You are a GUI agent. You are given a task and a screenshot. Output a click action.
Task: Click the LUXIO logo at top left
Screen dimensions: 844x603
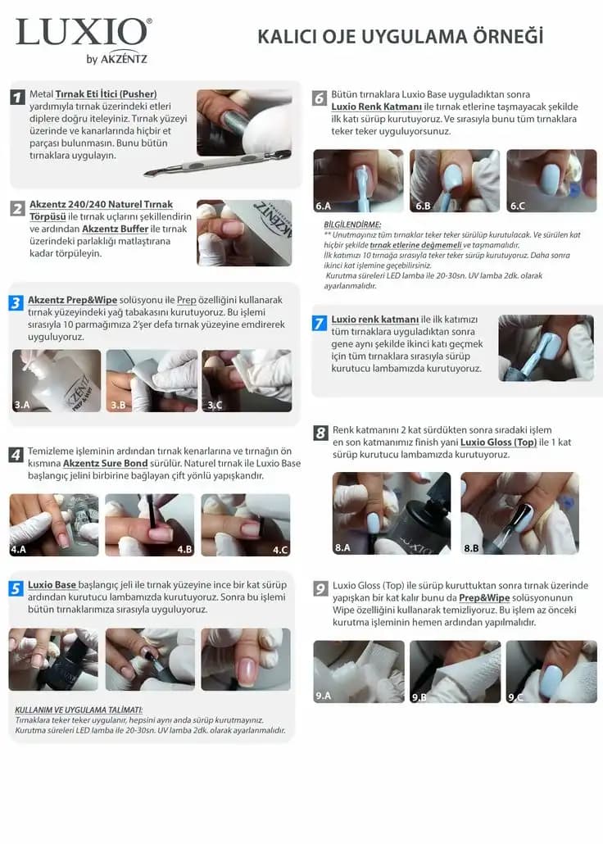click(83, 33)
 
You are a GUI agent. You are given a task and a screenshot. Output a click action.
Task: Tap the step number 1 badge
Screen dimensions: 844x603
click(17, 98)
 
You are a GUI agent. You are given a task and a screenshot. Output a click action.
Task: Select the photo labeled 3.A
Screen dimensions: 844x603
click(57, 380)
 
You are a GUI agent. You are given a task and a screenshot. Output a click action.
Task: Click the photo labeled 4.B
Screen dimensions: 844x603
click(149, 524)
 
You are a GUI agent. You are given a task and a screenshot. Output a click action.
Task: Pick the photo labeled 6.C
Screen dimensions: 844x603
click(551, 180)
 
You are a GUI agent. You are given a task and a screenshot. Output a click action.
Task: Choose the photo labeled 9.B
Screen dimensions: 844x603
click(455, 671)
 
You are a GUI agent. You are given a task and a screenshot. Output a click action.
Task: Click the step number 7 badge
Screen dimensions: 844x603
click(320, 323)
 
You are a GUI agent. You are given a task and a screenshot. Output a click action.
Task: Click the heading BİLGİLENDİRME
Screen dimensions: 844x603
click(352, 224)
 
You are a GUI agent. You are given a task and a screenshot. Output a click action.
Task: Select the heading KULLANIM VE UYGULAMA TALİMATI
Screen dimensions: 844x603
click(79, 710)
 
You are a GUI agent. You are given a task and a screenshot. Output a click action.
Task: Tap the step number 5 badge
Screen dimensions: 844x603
click(16, 588)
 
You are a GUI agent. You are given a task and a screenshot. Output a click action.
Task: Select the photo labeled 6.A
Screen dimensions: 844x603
click(358, 180)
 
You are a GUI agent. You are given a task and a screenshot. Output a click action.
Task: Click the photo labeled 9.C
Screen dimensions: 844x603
click(551, 671)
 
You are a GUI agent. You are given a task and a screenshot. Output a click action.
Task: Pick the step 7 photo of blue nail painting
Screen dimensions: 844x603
click(546, 347)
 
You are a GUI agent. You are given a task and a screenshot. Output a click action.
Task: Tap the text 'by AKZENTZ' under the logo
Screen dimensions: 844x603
click(116, 58)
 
